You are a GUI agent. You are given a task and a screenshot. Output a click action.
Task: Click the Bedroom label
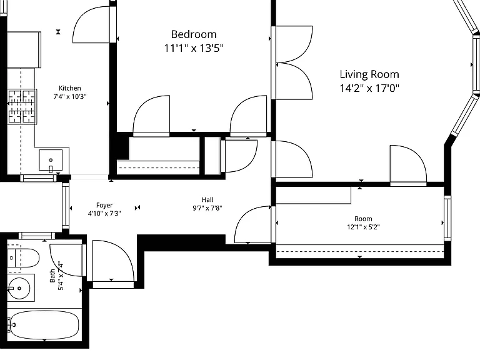194,34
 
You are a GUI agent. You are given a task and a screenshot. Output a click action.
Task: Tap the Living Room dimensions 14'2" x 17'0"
369,89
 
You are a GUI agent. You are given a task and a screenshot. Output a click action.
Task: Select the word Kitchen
70,88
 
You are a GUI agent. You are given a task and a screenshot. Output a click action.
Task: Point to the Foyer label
104,206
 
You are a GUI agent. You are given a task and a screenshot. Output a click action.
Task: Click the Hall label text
207,200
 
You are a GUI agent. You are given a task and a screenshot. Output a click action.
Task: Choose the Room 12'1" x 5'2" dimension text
363,227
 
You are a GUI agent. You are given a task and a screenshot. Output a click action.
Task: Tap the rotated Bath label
52,276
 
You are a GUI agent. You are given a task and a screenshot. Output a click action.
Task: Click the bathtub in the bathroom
44,325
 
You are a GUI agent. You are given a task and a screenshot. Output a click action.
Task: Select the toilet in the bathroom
23,257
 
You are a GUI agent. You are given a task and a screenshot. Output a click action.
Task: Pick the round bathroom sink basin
19,288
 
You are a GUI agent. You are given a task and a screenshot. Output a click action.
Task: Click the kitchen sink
51,160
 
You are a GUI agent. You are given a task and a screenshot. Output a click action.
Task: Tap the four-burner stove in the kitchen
22,106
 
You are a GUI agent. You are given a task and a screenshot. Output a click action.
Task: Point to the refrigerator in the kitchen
24,49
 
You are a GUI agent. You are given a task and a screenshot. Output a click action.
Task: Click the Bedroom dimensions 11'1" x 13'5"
194,48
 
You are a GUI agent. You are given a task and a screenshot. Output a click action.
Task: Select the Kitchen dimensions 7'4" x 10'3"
70,97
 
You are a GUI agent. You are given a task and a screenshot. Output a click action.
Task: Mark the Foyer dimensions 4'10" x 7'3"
104,213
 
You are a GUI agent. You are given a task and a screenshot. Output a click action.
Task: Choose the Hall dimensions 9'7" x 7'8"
207,208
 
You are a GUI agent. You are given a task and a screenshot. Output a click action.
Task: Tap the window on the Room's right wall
447,218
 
